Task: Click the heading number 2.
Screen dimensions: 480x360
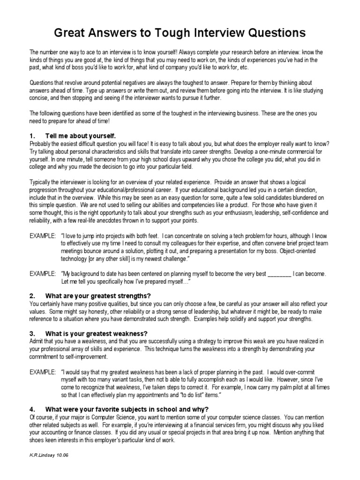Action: [32, 296]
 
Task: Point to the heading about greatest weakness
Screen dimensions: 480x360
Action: [97, 333]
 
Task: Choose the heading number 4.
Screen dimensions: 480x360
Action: [32, 408]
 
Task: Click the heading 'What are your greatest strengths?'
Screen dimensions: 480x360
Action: [98, 296]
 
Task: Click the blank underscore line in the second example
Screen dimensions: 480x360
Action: [279, 274]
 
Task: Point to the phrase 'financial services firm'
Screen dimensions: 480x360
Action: [225, 424]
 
